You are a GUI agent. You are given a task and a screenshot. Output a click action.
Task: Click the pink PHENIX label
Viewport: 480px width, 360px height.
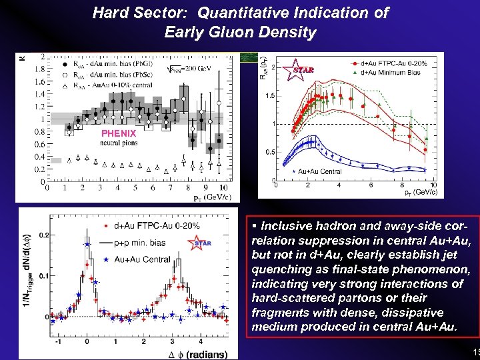coord(118,133)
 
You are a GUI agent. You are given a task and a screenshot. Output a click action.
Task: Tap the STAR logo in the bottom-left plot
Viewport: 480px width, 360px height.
coord(201,243)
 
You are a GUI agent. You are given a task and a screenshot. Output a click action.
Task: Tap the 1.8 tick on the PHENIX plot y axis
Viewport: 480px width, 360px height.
coord(39,68)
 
